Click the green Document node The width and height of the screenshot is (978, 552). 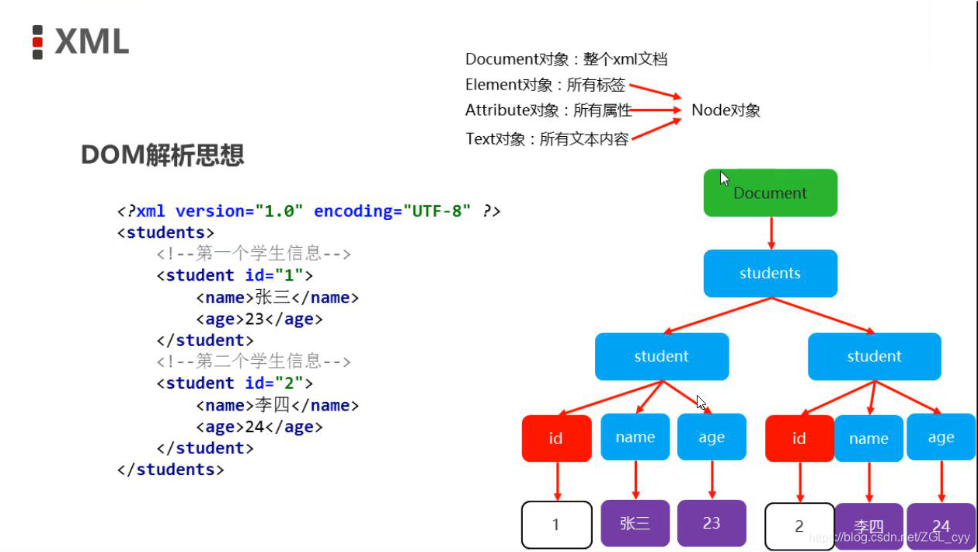770,193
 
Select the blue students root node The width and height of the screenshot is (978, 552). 770,273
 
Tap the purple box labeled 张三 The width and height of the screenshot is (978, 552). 635,523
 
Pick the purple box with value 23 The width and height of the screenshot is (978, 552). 712,523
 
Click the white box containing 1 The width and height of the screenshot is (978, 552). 556,525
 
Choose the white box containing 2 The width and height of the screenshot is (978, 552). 799,526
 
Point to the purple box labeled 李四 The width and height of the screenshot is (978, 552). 868,526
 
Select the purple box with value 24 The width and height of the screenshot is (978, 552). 941,526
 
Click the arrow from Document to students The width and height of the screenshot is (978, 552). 771,232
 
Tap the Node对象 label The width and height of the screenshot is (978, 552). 726,110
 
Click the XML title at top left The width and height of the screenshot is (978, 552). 92,42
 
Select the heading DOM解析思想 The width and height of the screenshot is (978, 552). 162,155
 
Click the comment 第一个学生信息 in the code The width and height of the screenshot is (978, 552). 254,253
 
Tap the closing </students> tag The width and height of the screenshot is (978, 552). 170,470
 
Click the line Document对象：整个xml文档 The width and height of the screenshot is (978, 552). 566,59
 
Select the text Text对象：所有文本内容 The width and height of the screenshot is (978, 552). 547,140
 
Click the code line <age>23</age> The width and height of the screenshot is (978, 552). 259,319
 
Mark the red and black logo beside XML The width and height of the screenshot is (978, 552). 37,42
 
